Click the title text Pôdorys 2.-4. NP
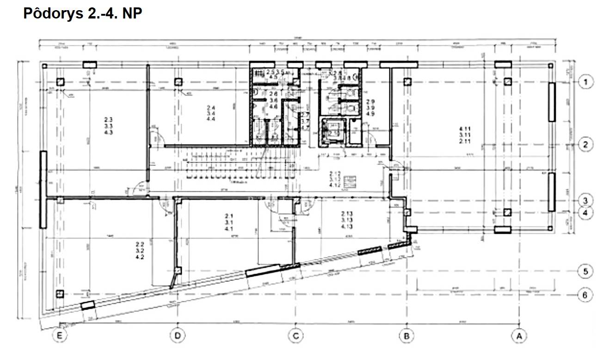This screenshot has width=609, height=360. tap(82, 13)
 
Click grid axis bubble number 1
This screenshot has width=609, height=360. tap(586, 83)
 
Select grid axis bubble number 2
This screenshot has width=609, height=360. tap(586, 144)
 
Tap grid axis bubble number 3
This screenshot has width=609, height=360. tap(586, 201)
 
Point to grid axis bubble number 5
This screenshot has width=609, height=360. tap(586, 271)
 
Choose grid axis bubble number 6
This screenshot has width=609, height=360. tap(586, 295)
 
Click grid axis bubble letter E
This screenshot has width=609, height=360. tap(59, 336)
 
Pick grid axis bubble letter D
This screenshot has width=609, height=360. tap(177, 336)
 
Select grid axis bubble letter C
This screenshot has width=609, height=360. tap(295, 336)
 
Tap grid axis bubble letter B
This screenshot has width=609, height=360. tap(406, 336)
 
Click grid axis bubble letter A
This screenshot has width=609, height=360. tap(519, 336)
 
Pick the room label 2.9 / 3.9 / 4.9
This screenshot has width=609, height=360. tap(370, 108)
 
